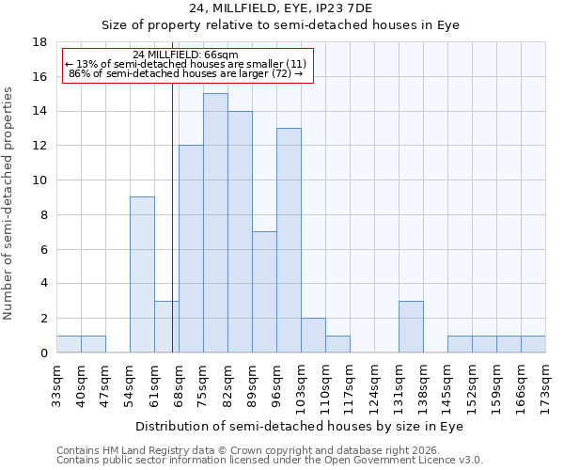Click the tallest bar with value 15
pyautogui.click(x=215, y=223)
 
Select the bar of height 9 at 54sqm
pyautogui.click(x=142, y=274)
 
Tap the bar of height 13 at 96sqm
pyautogui.click(x=289, y=241)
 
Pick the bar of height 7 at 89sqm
pyautogui.click(x=264, y=292)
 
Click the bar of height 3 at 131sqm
pyautogui.click(x=411, y=326)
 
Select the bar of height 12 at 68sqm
pyautogui.click(x=191, y=249)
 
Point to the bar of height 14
pyautogui.click(x=240, y=232)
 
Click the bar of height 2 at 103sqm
pyautogui.click(x=313, y=336)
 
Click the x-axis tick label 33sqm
pyautogui.click(x=57, y=384)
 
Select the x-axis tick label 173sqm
pyautogui.click(x=546, y=384)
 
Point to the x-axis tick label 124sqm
pyautogui.click(x=375, y=384)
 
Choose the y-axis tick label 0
pyautogui.click(x=43, y=353)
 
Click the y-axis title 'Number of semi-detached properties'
pyautogui.click(x=9, y=203)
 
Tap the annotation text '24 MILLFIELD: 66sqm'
pyautogui.click(x=185, y=55)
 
